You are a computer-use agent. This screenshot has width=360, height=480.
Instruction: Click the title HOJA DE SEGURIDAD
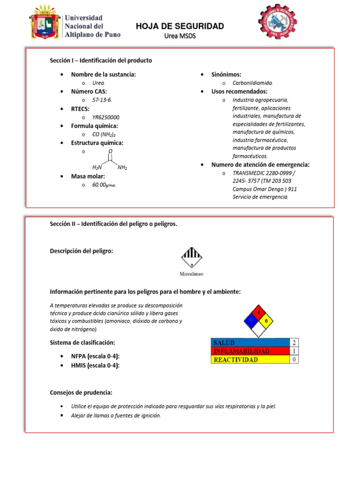point(180,26)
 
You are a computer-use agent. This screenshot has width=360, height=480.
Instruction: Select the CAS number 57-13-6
point(102,100)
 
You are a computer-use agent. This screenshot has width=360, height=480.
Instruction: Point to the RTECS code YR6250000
point(106,117)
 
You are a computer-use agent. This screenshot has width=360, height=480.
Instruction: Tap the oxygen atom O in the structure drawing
point(110,151)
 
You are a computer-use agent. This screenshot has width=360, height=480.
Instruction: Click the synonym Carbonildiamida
point(253,83)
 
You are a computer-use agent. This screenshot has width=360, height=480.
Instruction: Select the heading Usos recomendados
point(239,91)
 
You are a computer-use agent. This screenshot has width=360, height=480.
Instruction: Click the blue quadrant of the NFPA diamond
point(248,320)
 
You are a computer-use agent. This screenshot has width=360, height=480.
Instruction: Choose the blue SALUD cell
point(250,342)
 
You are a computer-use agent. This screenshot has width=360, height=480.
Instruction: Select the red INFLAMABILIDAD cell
point(250,351)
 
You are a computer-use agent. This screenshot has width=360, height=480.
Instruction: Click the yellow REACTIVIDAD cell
point(250,360)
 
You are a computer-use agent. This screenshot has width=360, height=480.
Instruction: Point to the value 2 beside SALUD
point(294,342)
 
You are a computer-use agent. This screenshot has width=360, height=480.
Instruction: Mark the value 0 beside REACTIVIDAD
point(294,360)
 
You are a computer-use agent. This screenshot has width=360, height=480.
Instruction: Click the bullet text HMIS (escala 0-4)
point(95,365)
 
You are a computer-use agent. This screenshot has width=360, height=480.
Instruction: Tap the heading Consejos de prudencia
point(81,392)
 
